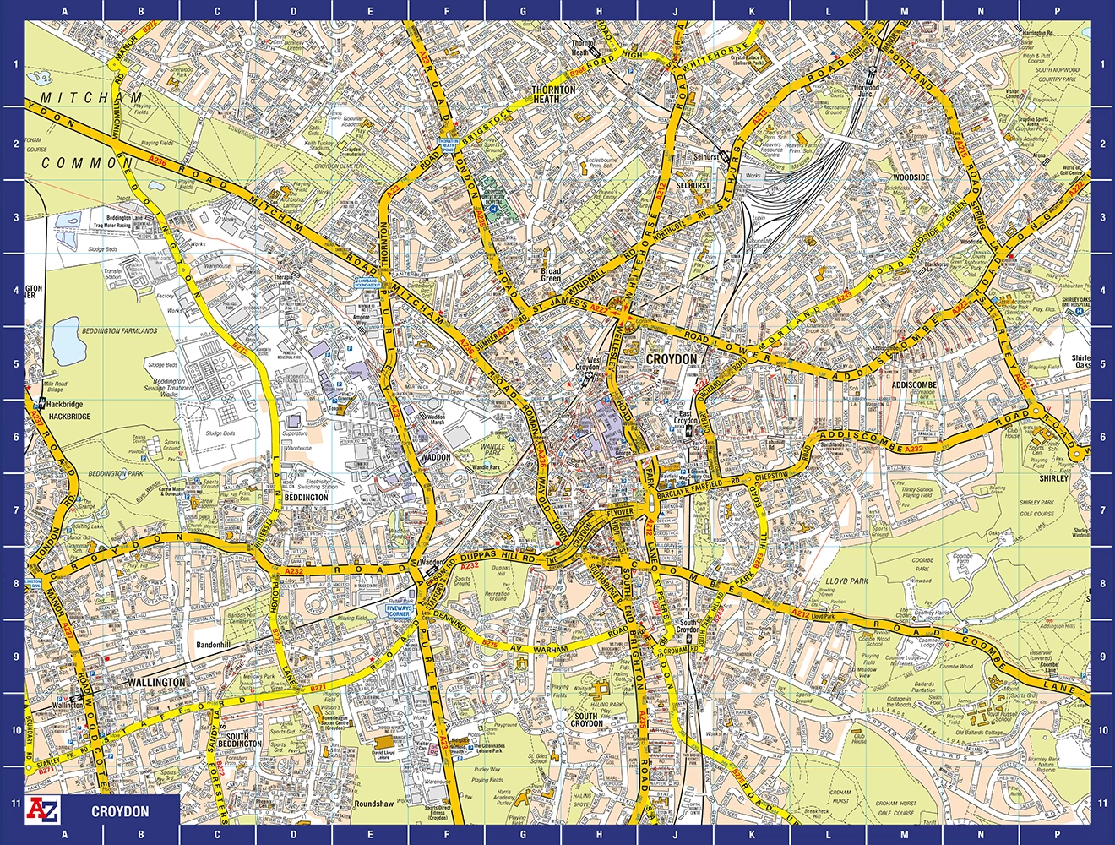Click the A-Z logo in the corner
tap(44, 810)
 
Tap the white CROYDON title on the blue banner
tap(120, 812)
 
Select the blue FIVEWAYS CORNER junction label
tap(398, 611)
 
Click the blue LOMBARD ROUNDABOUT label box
tap(368, 285)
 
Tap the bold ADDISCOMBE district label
tap(914, 384)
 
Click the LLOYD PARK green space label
tap(847, 582)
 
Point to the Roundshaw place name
tap(375, 804)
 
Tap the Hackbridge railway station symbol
tap(41, 405)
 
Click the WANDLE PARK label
tap(492, 450)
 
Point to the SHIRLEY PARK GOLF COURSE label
tap(1036, 508)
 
